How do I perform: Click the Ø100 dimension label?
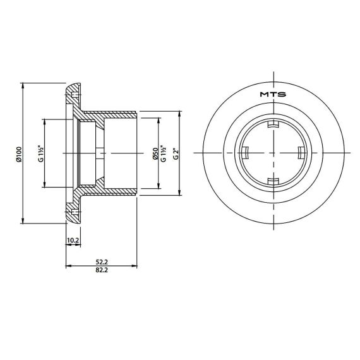click(x=19, y=155)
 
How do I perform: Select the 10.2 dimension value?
click(x=73, y=241)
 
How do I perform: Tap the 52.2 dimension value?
click(x=102, y=262)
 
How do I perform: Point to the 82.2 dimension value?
click(x=102, y=270)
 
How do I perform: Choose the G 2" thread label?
click(x=176, y=154)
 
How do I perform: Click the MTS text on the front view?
click(x=273, y=94)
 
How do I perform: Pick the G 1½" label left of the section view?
click(x=41, y=153)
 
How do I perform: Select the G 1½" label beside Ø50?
click(x=164, y=153)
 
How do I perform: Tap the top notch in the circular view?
click(x=273, y=124)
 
